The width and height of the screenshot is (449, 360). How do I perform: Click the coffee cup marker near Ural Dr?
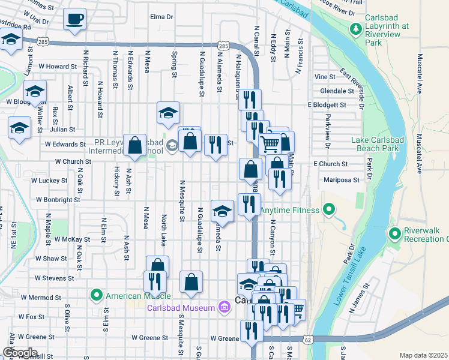point(75,20)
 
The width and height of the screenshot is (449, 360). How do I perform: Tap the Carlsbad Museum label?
point(181,308)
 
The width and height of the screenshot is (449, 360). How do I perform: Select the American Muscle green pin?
point(96,295)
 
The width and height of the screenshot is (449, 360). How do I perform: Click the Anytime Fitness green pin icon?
point(328,210)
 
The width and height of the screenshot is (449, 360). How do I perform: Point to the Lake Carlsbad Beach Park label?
point(383,144)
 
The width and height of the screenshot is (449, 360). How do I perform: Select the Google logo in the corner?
point(19,353)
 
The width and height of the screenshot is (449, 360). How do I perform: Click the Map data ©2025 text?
point(423,355)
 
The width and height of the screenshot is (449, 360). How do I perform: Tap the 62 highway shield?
point(307,340)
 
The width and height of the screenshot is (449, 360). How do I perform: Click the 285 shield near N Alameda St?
point(223,46)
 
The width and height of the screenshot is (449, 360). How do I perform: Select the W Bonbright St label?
point(58,199)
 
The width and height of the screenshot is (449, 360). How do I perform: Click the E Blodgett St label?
point(327,104)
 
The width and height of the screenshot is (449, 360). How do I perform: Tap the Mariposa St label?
point(339,179)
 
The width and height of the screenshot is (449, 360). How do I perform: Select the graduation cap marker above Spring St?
point(169,112)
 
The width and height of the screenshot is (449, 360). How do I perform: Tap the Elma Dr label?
point(161,17)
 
